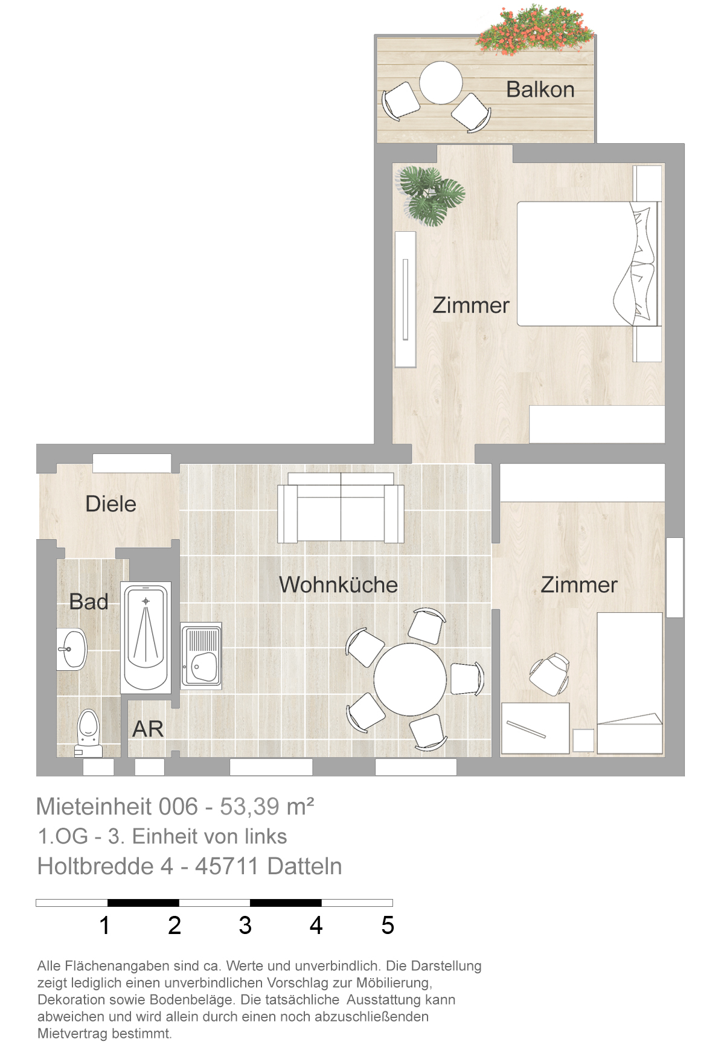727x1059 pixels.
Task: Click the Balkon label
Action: tap(540, 89)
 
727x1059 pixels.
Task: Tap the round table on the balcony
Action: tap(441, 83)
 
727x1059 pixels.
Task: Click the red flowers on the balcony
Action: tap(534, 30)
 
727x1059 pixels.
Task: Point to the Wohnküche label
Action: tap(338, 584)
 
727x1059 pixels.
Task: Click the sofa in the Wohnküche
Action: tap(341, 508)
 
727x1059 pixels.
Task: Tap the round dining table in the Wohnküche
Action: tap(410, 679)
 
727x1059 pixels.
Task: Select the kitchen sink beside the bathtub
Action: tap(201, 656)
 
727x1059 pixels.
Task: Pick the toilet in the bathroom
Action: tap(88, 732)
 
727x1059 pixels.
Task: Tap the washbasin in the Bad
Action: tap(72, 649)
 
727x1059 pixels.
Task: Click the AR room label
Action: tap(148, 729)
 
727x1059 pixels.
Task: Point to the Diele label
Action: tap(110, 504)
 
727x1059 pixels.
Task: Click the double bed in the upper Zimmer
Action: tap(589, 264)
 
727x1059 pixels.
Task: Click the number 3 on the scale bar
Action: tap(245, 925)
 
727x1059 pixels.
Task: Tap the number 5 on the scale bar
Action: tap(388, 925)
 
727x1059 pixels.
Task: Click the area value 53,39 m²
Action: tap(267, 807)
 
